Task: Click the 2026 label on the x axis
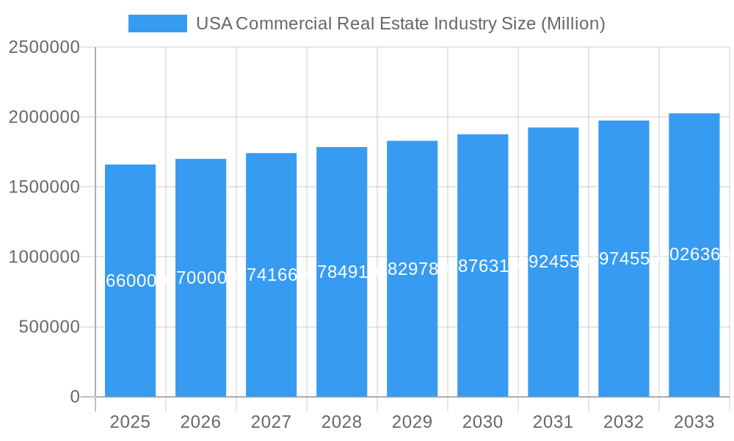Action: point(200,422)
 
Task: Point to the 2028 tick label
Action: point(341,422)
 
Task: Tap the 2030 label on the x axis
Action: point(482,422)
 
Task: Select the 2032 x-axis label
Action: point(623,422)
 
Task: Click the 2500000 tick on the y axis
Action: point(44,47)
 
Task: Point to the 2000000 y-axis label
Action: point(44,117)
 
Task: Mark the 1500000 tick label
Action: point(44,187)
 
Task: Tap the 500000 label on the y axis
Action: point(48,327)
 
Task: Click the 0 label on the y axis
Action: point(75,397)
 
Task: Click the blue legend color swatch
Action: point(157,24)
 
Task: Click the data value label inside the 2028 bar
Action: point(341,272)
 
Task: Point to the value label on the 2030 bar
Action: point(482,265)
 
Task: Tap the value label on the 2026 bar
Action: point(200,278)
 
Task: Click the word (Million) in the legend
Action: point(573,24)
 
